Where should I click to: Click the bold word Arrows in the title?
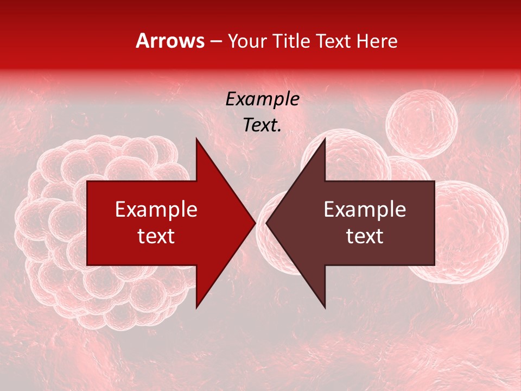170,41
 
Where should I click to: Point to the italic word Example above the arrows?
262,99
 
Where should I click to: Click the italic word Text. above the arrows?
262,125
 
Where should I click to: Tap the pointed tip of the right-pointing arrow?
255,223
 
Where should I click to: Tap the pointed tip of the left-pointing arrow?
266,223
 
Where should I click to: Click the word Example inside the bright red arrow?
156,210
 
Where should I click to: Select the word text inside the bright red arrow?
156,236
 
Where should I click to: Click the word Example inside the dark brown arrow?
365,210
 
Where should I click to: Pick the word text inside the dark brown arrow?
365,236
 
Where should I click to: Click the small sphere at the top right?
421,124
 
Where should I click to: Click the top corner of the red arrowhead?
196,138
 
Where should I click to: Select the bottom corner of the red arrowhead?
196,307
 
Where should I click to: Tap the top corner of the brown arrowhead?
325,138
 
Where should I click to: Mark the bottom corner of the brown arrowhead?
325,307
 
